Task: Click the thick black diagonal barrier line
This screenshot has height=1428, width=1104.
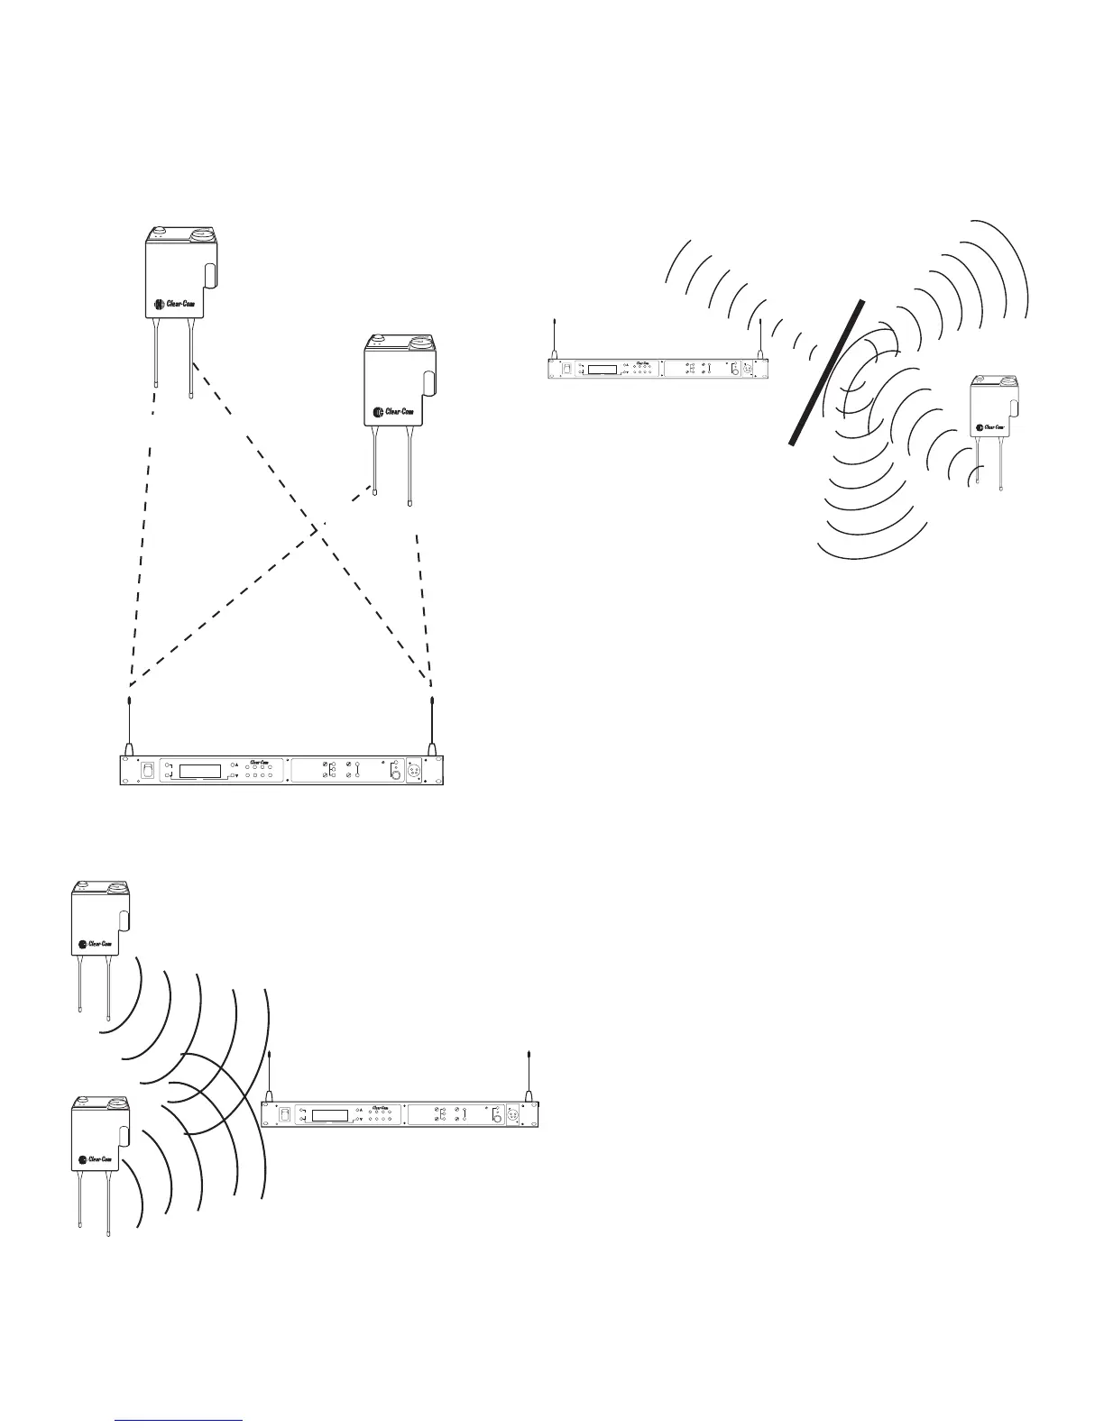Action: pos(827,372)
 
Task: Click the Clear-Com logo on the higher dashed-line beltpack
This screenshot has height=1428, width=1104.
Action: pos(180,304)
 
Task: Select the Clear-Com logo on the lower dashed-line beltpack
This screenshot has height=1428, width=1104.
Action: pos(398,413)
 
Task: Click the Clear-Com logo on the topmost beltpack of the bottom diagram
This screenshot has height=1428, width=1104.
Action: pos(97,944)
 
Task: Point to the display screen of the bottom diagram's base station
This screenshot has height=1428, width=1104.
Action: pos(329,1114)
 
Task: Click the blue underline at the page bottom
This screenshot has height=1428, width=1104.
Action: pos(180,1420)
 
